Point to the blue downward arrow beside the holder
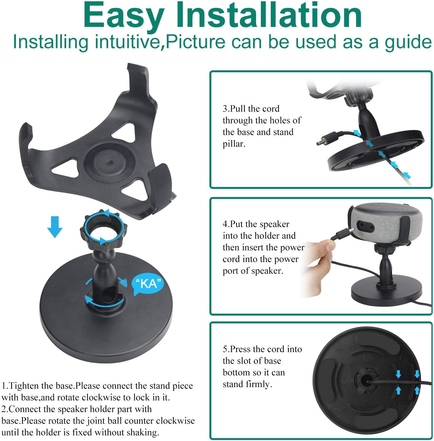click(x=55, y=226)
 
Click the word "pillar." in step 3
click(x=234, y=144)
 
